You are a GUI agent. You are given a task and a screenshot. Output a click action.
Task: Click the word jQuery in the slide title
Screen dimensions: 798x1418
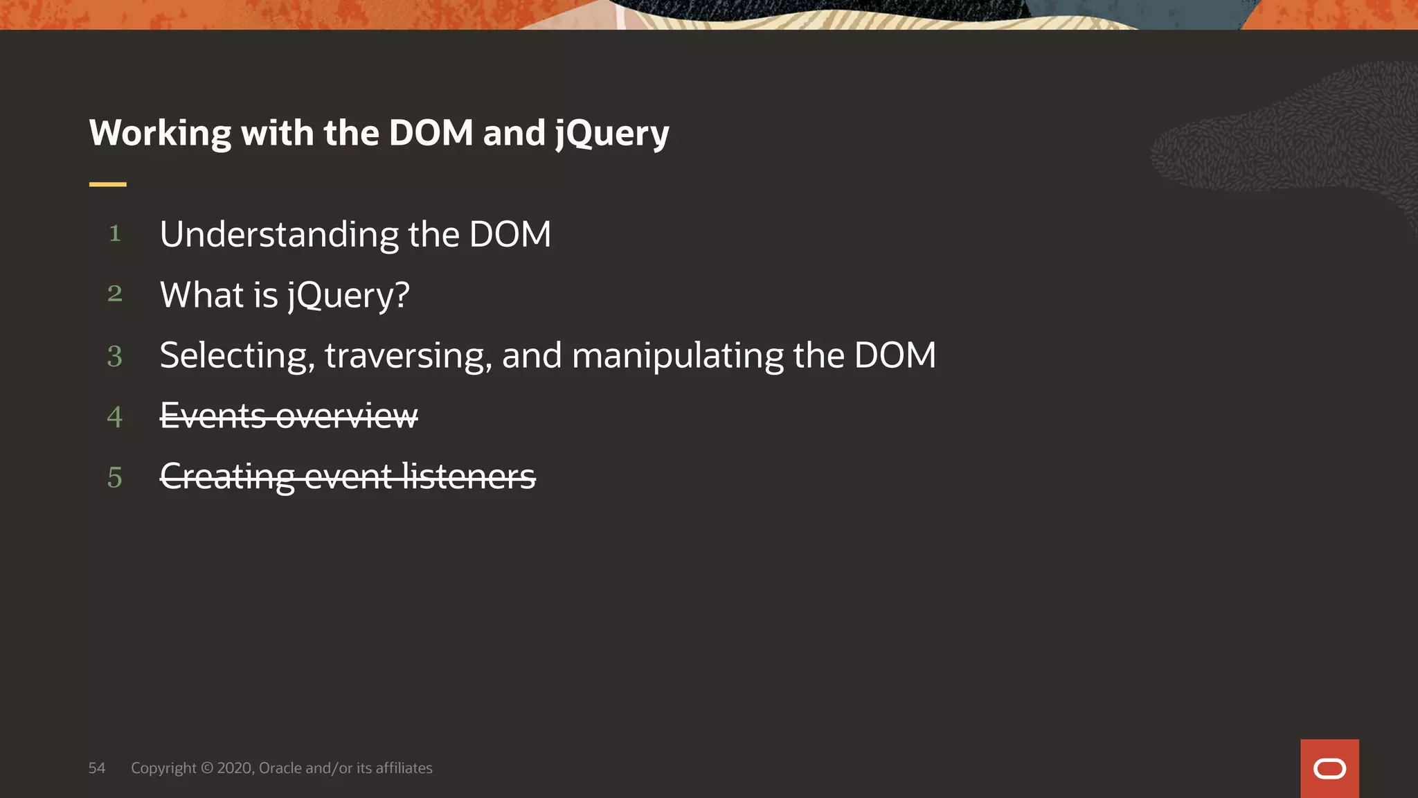click(x=612, y=134)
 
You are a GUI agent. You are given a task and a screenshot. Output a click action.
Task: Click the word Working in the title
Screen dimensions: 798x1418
click(x=160, y=134)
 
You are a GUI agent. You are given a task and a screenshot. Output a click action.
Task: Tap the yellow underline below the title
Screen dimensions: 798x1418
click(x=107, y=184)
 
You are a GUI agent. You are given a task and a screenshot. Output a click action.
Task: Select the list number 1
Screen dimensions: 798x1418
click(x=115, y=233)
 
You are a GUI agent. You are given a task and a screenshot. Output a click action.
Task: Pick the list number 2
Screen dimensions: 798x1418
click(x=115, y=294)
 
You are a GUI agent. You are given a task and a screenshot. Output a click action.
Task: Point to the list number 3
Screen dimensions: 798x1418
click(x=115, y=356)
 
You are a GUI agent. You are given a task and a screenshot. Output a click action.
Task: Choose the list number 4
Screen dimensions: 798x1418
click(x=115, y=417)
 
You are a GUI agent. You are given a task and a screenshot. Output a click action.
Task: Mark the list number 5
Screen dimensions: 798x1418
click(x=115, y=477)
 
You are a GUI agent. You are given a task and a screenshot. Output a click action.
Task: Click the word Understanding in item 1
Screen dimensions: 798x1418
click(x=279, y=235)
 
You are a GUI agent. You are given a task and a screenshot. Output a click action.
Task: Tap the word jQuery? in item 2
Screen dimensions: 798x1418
click(x=348, y=296)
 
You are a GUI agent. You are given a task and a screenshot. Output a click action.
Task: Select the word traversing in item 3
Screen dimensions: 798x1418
click(x=408, y=356)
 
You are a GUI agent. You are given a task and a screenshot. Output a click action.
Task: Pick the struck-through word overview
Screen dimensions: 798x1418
click(x=347, y=416)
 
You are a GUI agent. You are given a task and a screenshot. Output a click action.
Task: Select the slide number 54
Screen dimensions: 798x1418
click(x=97, y=768)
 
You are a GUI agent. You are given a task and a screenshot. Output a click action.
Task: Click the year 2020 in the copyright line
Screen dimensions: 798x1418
click(x=235, y=768)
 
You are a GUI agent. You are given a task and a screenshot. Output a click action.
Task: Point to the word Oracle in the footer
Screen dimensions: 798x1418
click(x=280, y=768)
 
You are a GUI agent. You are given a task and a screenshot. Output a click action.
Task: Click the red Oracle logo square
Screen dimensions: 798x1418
click(x=1329, y=768)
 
